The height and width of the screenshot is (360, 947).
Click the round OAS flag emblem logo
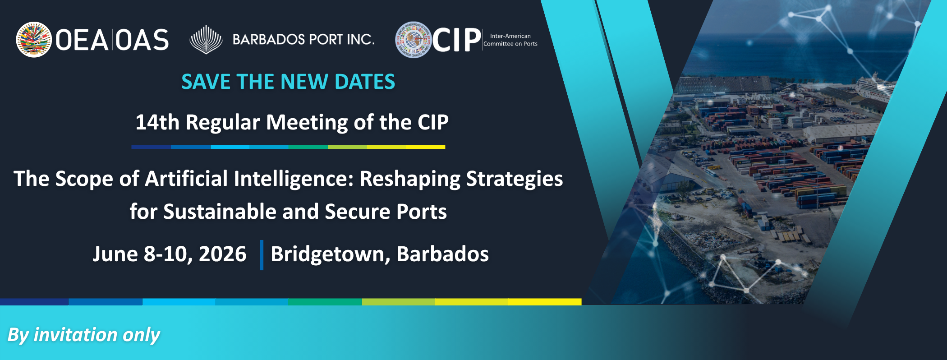tap(34, 40)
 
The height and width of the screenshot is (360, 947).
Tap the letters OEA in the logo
tap(81, 40)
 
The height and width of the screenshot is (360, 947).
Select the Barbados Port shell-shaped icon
tap(206, 40)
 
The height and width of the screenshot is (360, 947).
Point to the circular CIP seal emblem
tap(414, 40)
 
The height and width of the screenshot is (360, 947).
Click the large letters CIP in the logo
tap(456, 40)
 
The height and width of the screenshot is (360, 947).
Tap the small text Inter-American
tap(510, 36)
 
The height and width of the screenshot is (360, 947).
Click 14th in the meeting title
tap(157, 122)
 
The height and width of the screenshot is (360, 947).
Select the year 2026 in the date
tap(222, 254)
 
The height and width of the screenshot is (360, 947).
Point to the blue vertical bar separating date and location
tap(262, 255)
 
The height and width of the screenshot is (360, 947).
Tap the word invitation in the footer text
tap(76, 335)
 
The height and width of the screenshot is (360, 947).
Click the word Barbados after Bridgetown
tap(442, 254)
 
